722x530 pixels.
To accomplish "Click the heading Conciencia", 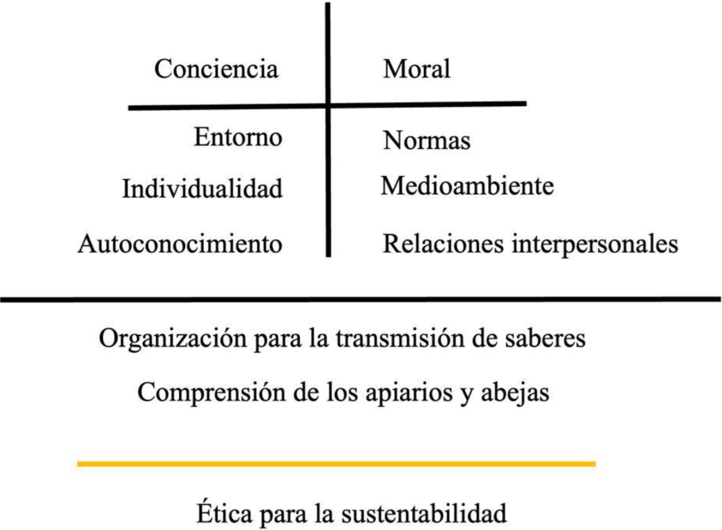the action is (216, 69).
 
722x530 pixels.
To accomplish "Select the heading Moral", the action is (417, 69).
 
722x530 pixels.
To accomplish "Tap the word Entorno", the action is (238, 137).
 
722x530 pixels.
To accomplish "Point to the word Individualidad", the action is (203, 189).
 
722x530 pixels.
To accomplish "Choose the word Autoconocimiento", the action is (180, 244).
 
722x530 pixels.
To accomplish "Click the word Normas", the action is (427, 140).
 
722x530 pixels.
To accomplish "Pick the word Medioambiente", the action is (467, 186).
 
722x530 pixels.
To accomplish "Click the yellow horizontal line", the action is (336, 464).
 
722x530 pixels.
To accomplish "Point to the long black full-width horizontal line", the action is (361, 300).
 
